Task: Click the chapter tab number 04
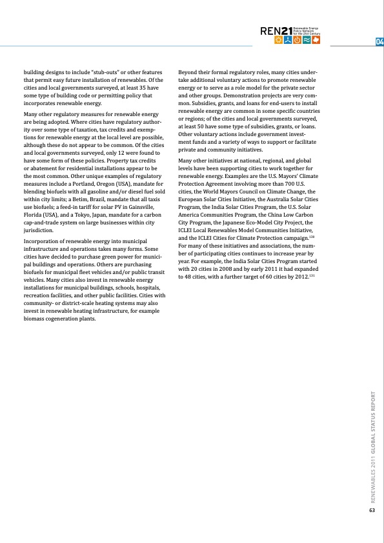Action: (379, 43)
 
